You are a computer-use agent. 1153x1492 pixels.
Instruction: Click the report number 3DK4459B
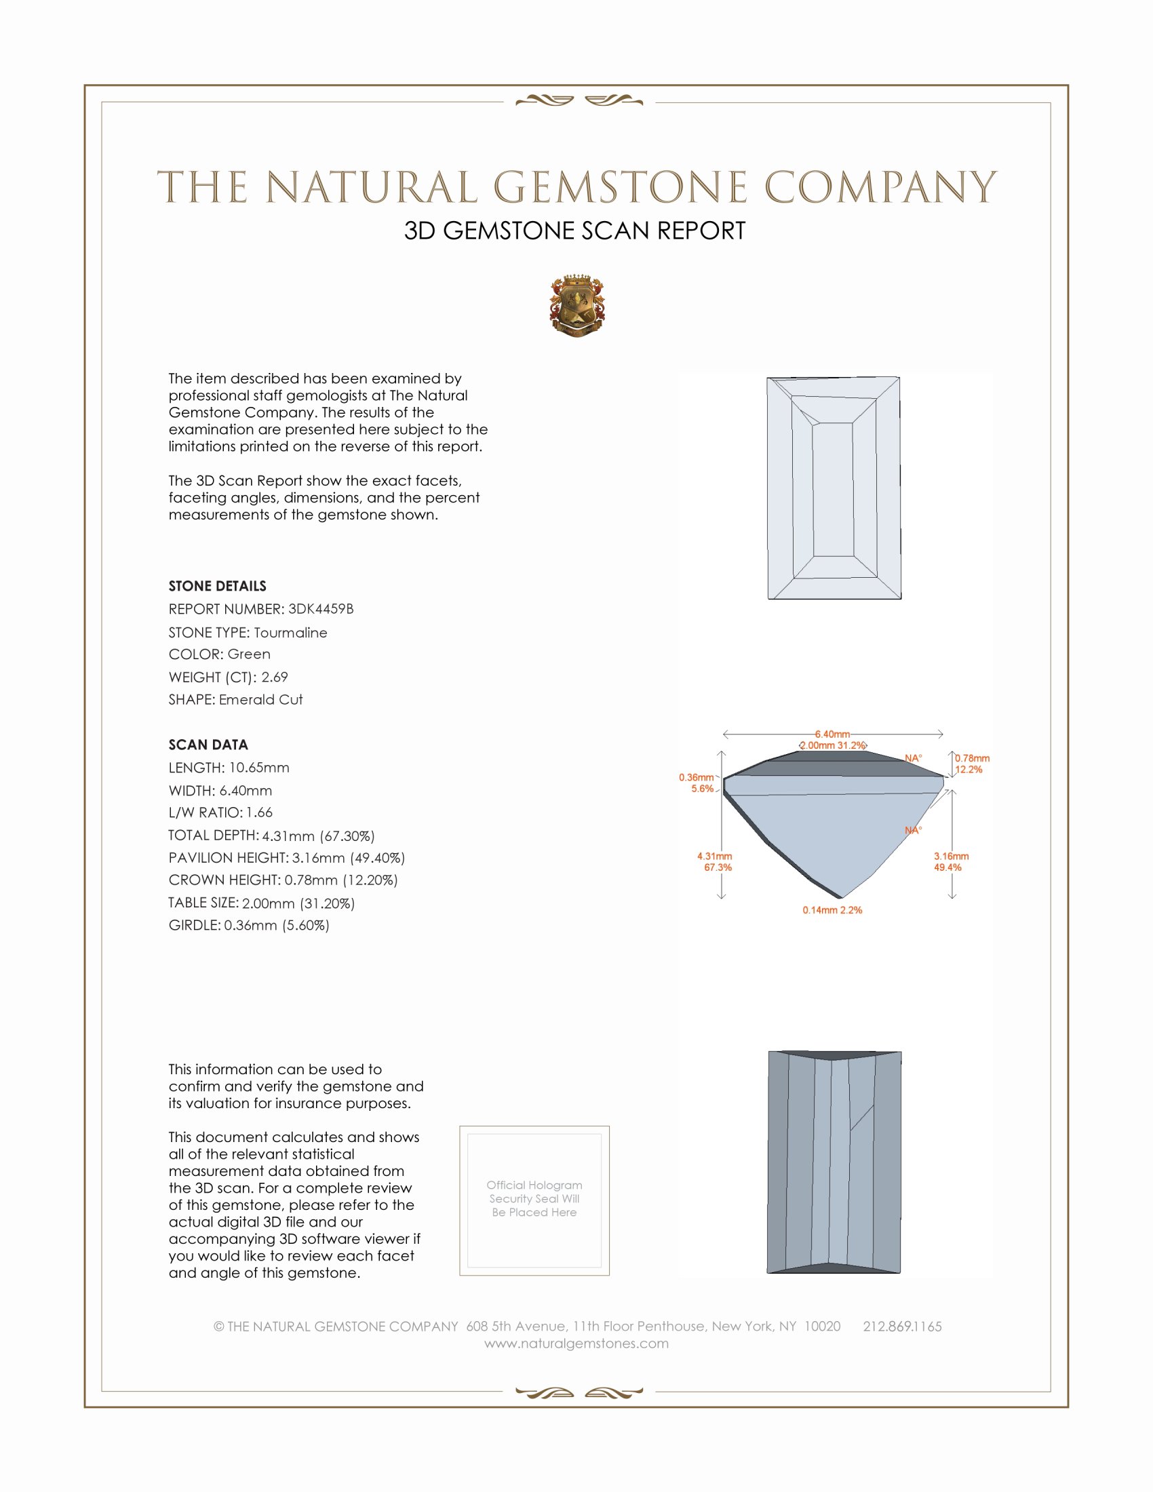coord(320,609)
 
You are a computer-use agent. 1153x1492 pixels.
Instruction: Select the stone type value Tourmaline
coord(290,633)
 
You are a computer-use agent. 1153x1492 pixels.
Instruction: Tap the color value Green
coord(249,654)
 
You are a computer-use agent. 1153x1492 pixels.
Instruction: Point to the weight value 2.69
coord(275,677)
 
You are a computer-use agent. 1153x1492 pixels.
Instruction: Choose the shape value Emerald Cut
coord(260,700)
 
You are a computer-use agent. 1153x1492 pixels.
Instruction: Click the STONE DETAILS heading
coord(217,586)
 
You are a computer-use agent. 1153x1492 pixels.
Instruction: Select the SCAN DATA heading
coord(208,745)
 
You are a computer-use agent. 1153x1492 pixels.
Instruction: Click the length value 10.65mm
coord(259,768)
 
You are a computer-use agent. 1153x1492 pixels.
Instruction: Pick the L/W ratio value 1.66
coord(259,813)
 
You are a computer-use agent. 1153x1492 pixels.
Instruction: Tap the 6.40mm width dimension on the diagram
coord(832,734)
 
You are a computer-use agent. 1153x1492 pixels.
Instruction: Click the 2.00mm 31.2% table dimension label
coord(832,745)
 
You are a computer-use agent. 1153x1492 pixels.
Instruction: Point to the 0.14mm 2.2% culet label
coord(832,910)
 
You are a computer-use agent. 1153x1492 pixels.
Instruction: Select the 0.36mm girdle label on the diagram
coord(696,777)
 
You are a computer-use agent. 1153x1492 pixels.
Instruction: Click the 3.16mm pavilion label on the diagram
coord(951,856)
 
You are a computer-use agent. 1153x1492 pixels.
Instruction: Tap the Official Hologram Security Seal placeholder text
coord(534,1198)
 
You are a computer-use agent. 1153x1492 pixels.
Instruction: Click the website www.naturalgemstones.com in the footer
coord(576,1343)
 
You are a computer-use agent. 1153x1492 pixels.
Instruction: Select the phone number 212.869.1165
coord(901,1326)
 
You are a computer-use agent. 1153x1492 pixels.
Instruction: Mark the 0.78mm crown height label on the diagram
coord(972,758)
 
